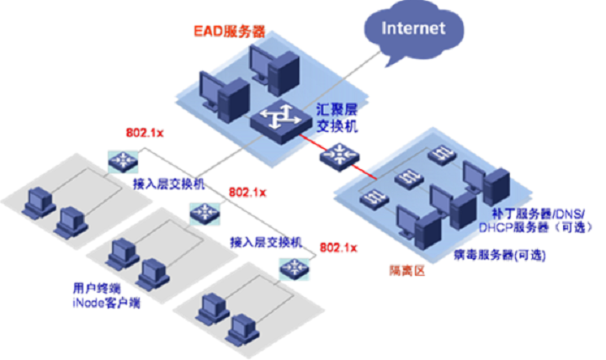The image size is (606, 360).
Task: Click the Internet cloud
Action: (412, 29)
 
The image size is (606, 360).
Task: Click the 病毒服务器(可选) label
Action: (497, 253)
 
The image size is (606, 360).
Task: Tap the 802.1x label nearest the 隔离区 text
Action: (339, 246)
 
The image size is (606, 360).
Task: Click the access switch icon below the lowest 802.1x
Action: (295, 267)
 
